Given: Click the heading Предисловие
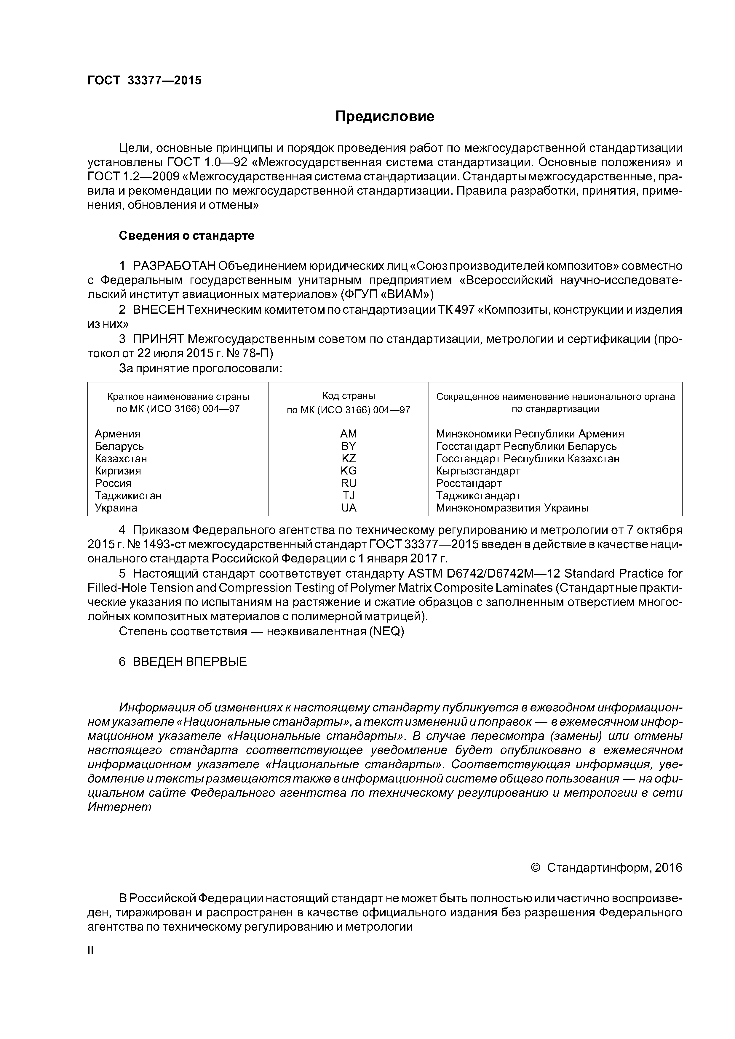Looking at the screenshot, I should [x=384, y=117].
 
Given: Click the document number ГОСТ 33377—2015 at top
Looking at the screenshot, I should [x=144, y=81].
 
